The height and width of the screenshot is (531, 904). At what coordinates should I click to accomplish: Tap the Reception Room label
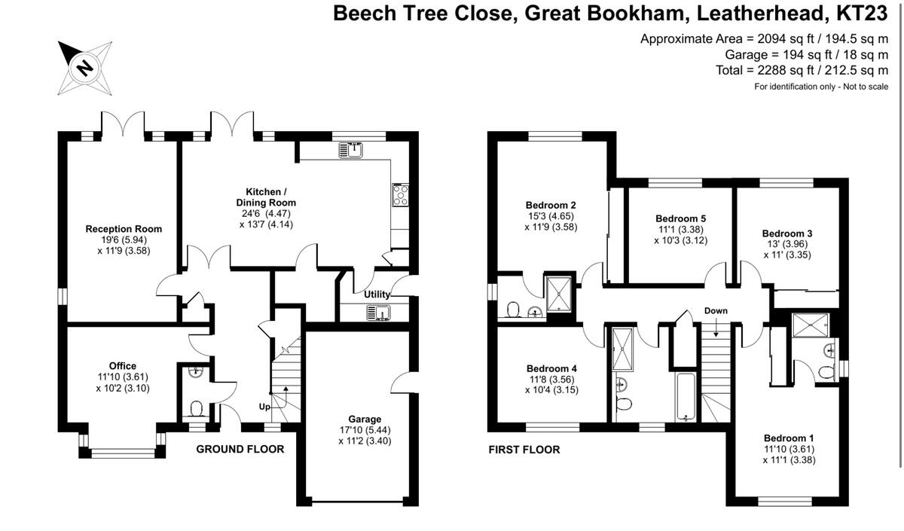(x=124, y=229)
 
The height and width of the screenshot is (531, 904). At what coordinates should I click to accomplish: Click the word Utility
(x=378, y=294)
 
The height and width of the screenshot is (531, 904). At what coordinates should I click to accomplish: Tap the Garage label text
(x=365, y=419)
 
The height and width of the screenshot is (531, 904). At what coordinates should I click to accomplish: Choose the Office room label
(x=122, y=366)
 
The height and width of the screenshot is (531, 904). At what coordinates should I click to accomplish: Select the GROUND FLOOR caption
(x=240, y=450)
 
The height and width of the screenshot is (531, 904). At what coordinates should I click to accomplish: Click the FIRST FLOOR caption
(x=524, y=450)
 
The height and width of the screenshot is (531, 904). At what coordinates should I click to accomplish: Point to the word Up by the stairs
(x=265, y=406)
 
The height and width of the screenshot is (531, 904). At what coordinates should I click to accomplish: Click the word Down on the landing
(x=716, y=310)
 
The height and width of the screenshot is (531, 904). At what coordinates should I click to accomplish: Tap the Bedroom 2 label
(x=551, y=204)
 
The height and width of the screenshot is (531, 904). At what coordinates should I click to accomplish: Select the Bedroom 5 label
(x=680, y=219)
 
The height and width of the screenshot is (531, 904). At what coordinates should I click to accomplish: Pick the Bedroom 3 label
(x=786, y=233)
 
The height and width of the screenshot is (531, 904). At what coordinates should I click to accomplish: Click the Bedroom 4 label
(x=551, y=368)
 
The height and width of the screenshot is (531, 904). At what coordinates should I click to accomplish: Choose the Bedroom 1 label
(x=789, y=438)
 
